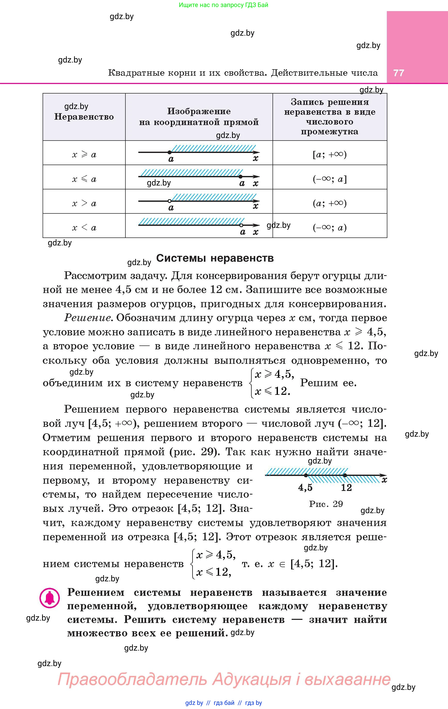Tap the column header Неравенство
tap(84, 117)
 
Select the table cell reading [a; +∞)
tap(330, 154)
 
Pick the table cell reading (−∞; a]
tap(330, 179)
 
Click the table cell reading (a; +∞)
tap(330, 203)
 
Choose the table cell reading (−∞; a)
tap(330, 228)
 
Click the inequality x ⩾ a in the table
tap(84, 154)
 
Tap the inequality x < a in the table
tap(84, 228)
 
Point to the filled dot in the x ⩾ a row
tap(170, 152)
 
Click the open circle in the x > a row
tap(170, 201)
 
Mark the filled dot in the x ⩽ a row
tap(241, 177)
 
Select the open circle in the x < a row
tap(241, 225)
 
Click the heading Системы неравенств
tap(215, 258)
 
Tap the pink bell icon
tap(50, 598)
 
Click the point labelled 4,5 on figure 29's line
tap(306, 475)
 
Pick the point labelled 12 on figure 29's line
tap(345, 475)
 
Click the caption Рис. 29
tap(326, 504)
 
